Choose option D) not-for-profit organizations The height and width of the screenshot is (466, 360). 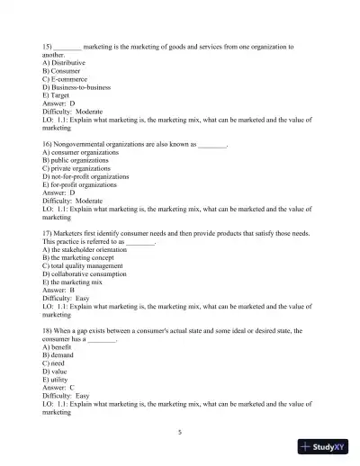click(85, 176)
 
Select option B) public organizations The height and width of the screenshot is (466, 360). click(76, 160)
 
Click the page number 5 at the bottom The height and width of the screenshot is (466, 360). click(180, 432)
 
